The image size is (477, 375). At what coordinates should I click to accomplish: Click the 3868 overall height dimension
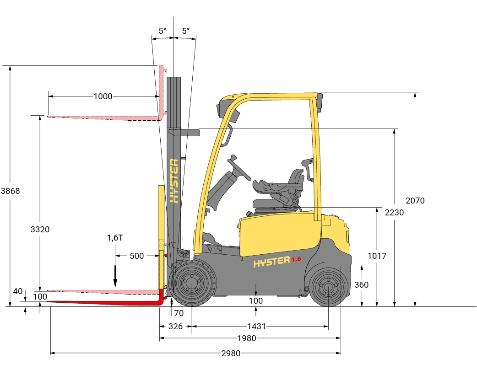(11, 191)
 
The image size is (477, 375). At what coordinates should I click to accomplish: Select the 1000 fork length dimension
(103, 96)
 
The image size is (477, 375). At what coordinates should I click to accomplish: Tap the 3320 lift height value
(40, 230)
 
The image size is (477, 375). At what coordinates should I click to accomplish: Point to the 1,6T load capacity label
(115, 238)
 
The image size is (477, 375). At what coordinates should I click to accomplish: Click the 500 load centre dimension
(136, 256)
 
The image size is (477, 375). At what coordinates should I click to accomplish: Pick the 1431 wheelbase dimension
(256, 327)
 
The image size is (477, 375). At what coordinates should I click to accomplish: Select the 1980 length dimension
(247, 338)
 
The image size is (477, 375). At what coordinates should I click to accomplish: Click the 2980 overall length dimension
(231, 353)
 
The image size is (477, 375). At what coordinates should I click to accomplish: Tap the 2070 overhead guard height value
(415, 201)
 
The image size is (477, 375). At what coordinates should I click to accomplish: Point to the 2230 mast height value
(394, 212)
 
